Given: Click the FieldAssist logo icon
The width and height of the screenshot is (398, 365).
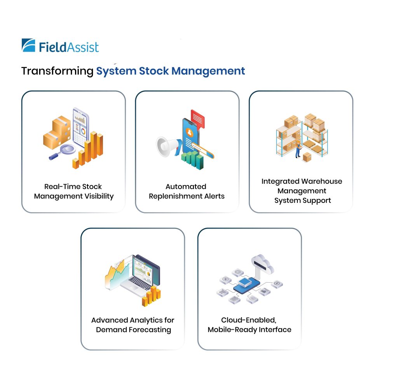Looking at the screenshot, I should tap(28, 45).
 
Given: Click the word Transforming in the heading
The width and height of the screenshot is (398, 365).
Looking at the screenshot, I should tap(57, 71).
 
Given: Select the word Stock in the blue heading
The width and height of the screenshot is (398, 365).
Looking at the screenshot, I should tap(150, 71).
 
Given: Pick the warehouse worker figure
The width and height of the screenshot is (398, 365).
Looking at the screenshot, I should tap(298, 149).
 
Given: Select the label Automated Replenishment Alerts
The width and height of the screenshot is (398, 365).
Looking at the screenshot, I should tap(187, 191).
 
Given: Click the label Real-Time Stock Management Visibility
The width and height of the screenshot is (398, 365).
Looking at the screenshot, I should tap(73, 191).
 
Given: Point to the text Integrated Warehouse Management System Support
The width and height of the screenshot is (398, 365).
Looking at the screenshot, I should tap(302, 191).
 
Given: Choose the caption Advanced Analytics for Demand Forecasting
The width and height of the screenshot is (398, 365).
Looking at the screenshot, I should tap(133, 325).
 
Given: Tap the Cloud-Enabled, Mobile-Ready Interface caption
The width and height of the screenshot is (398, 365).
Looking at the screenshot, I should tap(250, 325).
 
